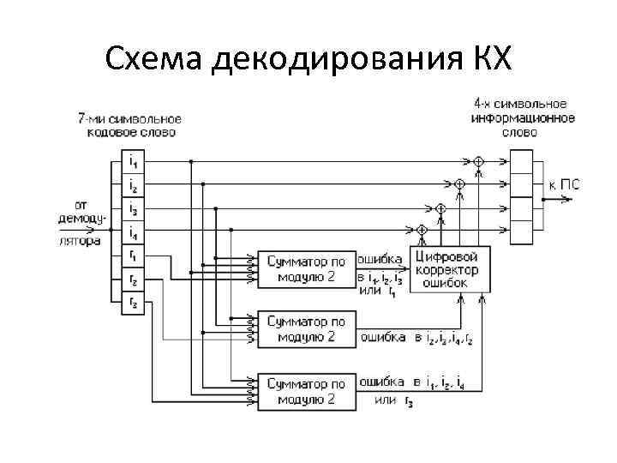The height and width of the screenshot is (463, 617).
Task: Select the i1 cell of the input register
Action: (133, 161)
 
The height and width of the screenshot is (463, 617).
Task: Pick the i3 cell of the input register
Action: (133, 207)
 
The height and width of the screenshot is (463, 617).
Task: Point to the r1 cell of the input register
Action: (133, 254)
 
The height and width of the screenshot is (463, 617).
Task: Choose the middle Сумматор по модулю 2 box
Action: (306, 329)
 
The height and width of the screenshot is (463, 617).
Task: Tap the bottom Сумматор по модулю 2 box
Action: (306, 391)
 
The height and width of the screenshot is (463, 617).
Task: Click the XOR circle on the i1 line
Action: (478, 161)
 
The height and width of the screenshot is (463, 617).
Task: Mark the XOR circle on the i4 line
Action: (422, 230)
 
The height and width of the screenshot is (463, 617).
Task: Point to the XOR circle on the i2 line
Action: (459, 183)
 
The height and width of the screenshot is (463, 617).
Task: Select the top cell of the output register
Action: (521, 161)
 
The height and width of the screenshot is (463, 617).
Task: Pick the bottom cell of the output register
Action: (521, 230)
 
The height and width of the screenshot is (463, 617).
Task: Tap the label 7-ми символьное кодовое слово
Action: (130, 125)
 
